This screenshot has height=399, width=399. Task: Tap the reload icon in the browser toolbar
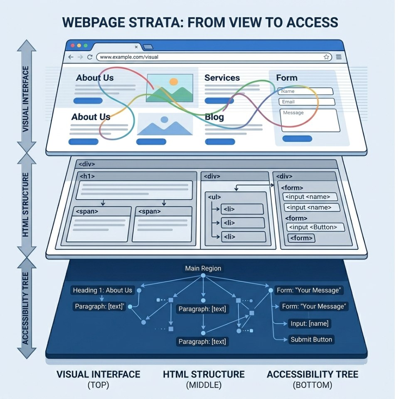(x=90, y=57)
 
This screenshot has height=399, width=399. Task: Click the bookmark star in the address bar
(x=326, y=57)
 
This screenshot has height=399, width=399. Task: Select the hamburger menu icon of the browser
(x=339, y=57)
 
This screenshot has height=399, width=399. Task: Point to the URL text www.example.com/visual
(x=129, y=57)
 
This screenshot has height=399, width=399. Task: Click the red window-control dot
(x=72, y=45)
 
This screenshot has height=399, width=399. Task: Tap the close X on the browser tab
(x=136, y=47)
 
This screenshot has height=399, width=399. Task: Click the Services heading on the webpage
(x=222, y=78)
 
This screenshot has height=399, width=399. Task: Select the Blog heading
(x=214, y=117)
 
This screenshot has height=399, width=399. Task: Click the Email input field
(x=307, y=102)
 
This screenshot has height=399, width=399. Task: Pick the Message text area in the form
(x=310, y=121)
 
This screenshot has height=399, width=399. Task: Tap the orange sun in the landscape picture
(x=174, y=81)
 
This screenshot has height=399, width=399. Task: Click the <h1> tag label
(x=87, y=176)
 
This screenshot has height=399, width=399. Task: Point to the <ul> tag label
(x=214, y=197)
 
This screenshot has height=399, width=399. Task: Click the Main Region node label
(x=203, y=268)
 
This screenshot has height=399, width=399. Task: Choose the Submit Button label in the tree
(x=311, y=340)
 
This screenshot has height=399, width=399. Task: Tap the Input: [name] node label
(x=309, y=323)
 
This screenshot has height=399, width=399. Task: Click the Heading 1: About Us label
(x=103, y=290)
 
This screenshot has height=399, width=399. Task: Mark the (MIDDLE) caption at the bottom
(x=204, y=385)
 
